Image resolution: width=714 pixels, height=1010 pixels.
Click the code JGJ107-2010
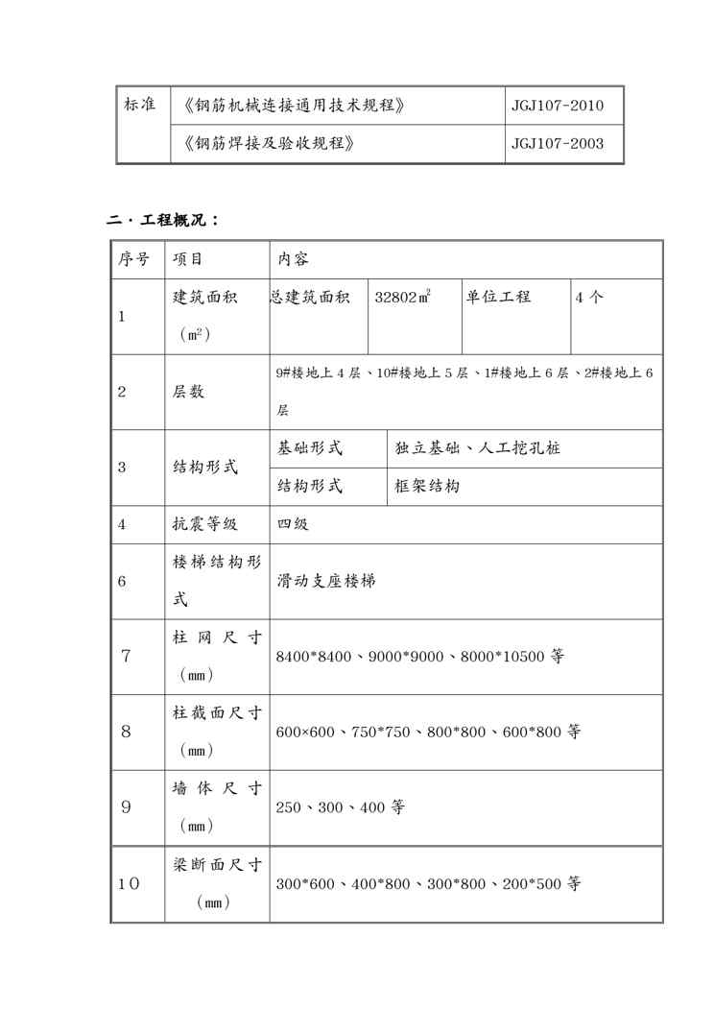click(x=558, y=106)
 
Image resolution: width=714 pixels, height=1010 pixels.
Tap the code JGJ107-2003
click(x=558, y=144)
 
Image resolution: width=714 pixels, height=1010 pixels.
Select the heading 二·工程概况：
click(x=163, y=220)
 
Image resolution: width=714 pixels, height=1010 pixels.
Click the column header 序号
click(x=133, y=259)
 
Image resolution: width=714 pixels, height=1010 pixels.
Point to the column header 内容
click(x=293, y=259)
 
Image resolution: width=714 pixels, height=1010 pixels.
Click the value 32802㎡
click(x=402, y=298)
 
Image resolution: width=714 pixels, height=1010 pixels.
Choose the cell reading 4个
click(x=589, y=298)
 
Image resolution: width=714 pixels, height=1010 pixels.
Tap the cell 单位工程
click(x=498, y=297)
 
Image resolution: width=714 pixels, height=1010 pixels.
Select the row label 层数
click(x=188, y=392)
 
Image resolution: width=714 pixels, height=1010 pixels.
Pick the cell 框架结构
click(x=428, y=486)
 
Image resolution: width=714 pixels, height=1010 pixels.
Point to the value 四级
click(x=293, y=524)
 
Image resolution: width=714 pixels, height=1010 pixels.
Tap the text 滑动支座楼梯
click(x=326, y=582)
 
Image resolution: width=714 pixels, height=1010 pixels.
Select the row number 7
click(x=126, y=657)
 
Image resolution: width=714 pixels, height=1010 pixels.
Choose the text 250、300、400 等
click(x=340, y=807)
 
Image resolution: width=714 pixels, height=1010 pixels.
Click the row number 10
click(x=129, y=883)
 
